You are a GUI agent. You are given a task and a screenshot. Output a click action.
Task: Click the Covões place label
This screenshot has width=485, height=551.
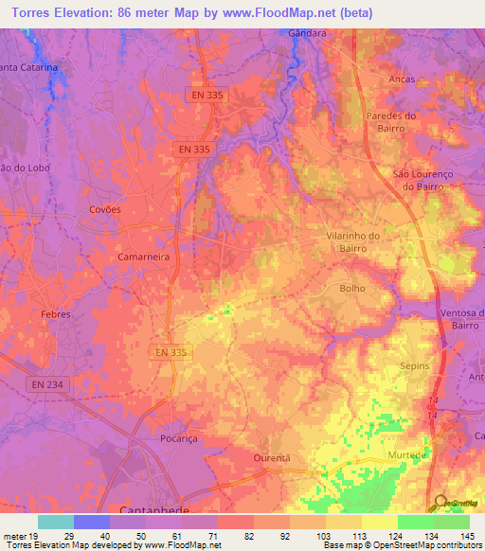pos(105,209)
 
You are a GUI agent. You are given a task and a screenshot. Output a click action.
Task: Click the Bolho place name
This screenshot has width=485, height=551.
pos(351,288)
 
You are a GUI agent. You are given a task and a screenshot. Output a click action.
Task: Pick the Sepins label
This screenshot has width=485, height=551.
pos(415,365)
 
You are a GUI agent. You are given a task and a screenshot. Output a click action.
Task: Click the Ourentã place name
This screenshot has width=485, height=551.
pos(270,456)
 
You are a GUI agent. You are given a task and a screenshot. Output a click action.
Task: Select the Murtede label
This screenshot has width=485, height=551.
pos(406,454)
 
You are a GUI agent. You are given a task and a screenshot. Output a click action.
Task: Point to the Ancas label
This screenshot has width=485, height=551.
pos(402,80)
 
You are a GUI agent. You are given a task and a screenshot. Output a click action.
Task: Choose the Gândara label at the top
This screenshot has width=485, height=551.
pos(307,33)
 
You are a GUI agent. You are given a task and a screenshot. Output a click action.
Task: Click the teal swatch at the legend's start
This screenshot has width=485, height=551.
pos(55,522)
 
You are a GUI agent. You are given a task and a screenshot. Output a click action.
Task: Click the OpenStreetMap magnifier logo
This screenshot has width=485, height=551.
pos(440,503)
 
